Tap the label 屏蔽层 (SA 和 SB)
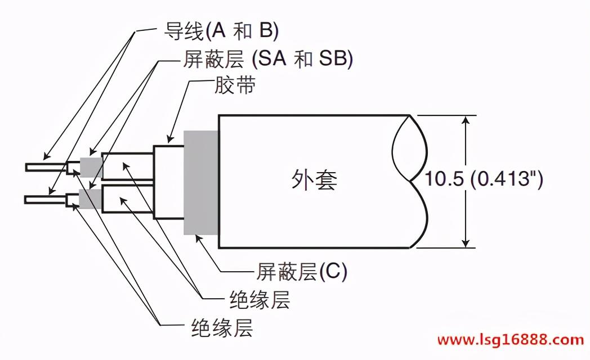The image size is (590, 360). (x=267, y=59)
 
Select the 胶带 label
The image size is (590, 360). (x=235, y=87)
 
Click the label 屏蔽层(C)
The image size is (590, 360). (x=302, y=272)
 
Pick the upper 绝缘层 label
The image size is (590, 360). (x=260, y=300)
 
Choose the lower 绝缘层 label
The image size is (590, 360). (x=221, y=327)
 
